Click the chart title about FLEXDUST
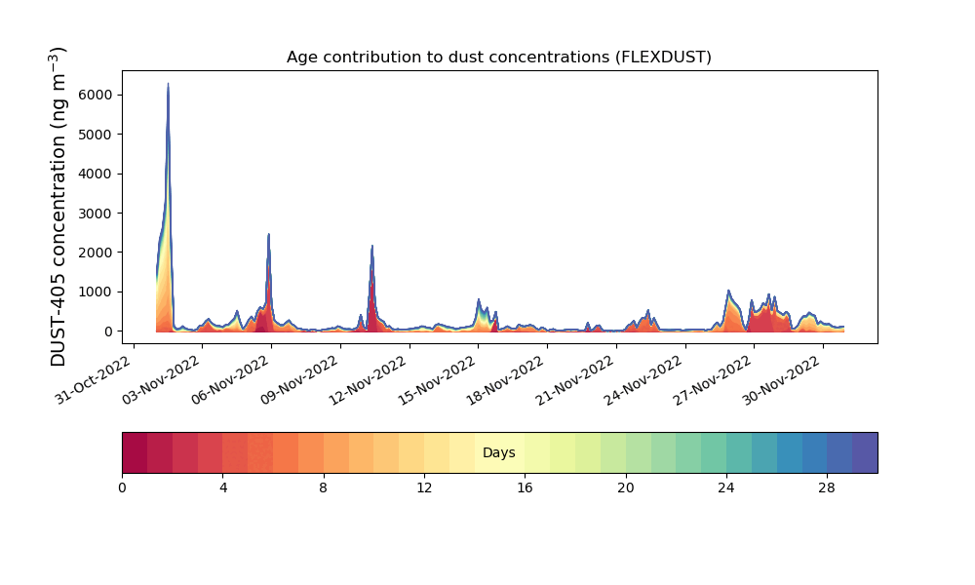[499, 58]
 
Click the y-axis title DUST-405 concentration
[58, 207]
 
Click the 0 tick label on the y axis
[107, 331]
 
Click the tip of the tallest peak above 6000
[168, 85]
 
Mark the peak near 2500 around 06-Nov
[268, 234]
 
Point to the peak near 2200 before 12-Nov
[372, 247]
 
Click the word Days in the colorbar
[499, 453]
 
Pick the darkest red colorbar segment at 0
[135, 453]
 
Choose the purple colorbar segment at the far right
[865, 453]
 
